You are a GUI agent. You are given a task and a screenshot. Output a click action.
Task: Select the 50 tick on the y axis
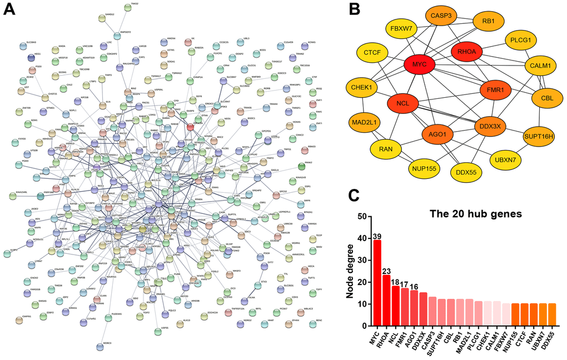pyautogui.click(x=362, y=216)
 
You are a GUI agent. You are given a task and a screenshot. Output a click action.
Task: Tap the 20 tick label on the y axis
pyautogui.click(x=362, y=282)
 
